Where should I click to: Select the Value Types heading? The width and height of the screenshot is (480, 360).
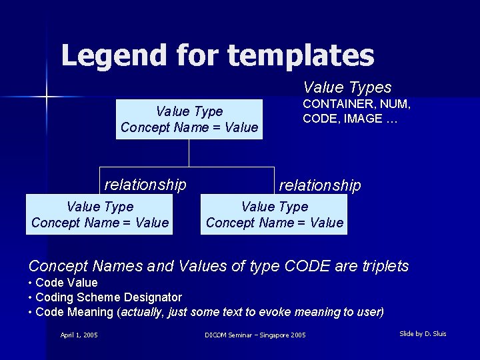click(347, 87)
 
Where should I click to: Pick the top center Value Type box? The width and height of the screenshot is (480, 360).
click(189, 119)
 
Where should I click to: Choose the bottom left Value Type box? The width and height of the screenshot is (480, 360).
click(100, 215)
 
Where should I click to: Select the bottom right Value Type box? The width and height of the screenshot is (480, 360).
click(274, 215)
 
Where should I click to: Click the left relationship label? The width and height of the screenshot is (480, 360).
click(145, 184)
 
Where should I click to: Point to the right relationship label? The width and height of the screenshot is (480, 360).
click(320, 185)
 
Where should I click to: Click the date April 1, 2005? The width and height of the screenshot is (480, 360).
click(79, 335)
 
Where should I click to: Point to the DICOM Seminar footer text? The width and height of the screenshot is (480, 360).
click(255, 335)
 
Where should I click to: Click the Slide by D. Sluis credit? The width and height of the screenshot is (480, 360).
click(423, 333)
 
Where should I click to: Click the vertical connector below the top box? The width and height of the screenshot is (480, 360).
click(189, 153)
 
